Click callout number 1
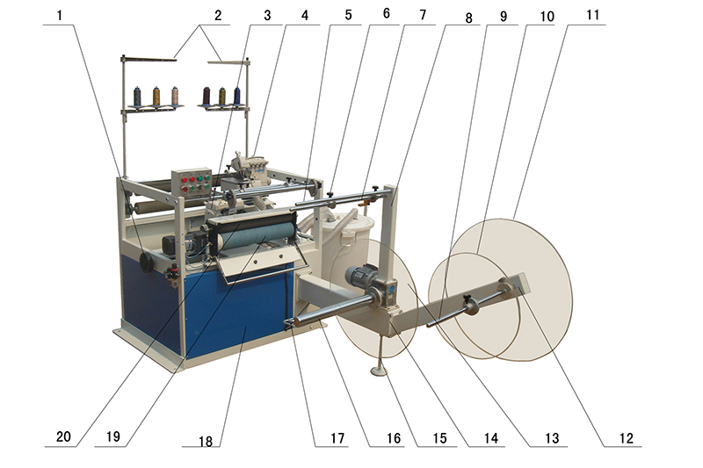[60, 16]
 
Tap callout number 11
[592, 15]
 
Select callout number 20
[63, 436]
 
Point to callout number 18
[206, 441]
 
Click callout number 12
[627, 438]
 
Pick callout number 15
[440, 438]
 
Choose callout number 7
[423, 15]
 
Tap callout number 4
[305, 15]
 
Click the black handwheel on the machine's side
[147, 262]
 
